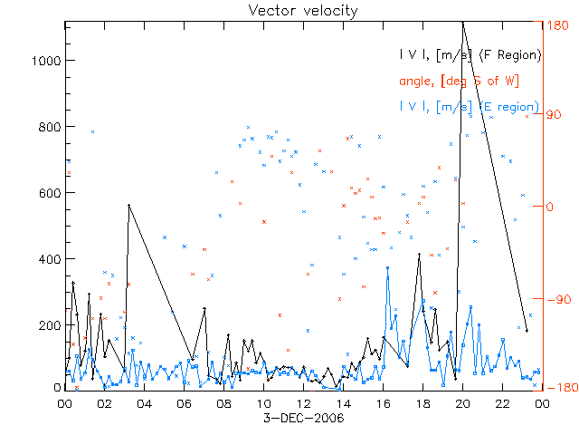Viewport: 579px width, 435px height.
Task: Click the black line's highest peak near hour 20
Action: (x=462, y=22)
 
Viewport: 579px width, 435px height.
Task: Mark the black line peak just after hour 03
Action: (x=128, y=206)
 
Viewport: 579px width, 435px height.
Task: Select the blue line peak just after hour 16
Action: (x=387, y=268)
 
